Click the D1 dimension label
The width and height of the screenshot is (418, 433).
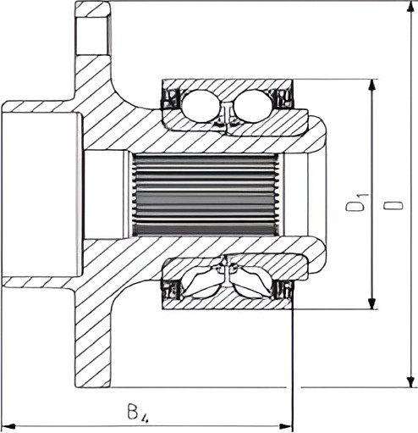click(x=357, y=203)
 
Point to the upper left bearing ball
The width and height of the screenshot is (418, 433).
click(x=200, y=106)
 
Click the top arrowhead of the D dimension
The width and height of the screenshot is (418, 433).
click(x=411, y=9)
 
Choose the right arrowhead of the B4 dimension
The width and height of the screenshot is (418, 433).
click(x=285, y=425)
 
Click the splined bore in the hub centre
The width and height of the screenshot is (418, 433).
click(x=205, y=195)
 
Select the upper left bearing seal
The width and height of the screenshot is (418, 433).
click(x=171, y=99)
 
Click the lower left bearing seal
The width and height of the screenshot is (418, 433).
click(x=171, y=290)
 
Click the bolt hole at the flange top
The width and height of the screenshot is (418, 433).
click(x=92, y=36)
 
